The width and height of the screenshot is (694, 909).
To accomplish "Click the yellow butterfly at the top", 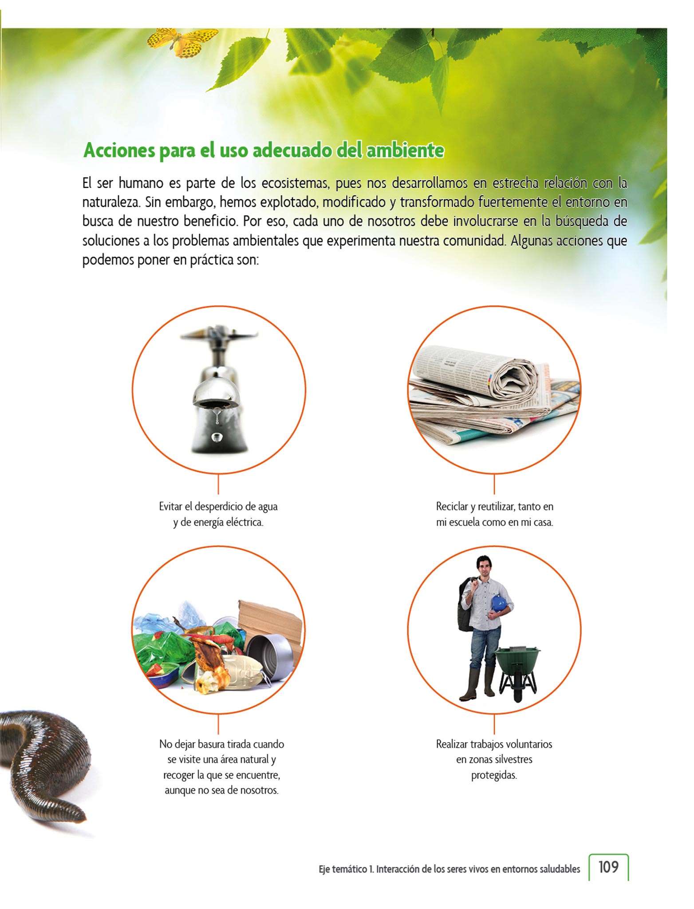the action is (183, 43).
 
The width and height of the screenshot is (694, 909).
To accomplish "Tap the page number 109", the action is (608, 867).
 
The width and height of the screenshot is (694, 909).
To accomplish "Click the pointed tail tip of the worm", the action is (83, 817).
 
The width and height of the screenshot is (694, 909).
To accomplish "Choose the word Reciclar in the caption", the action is (452, 506).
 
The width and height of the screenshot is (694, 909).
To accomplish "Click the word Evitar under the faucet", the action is (170, 506).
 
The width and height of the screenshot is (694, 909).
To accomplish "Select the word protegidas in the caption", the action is (494, 775).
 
